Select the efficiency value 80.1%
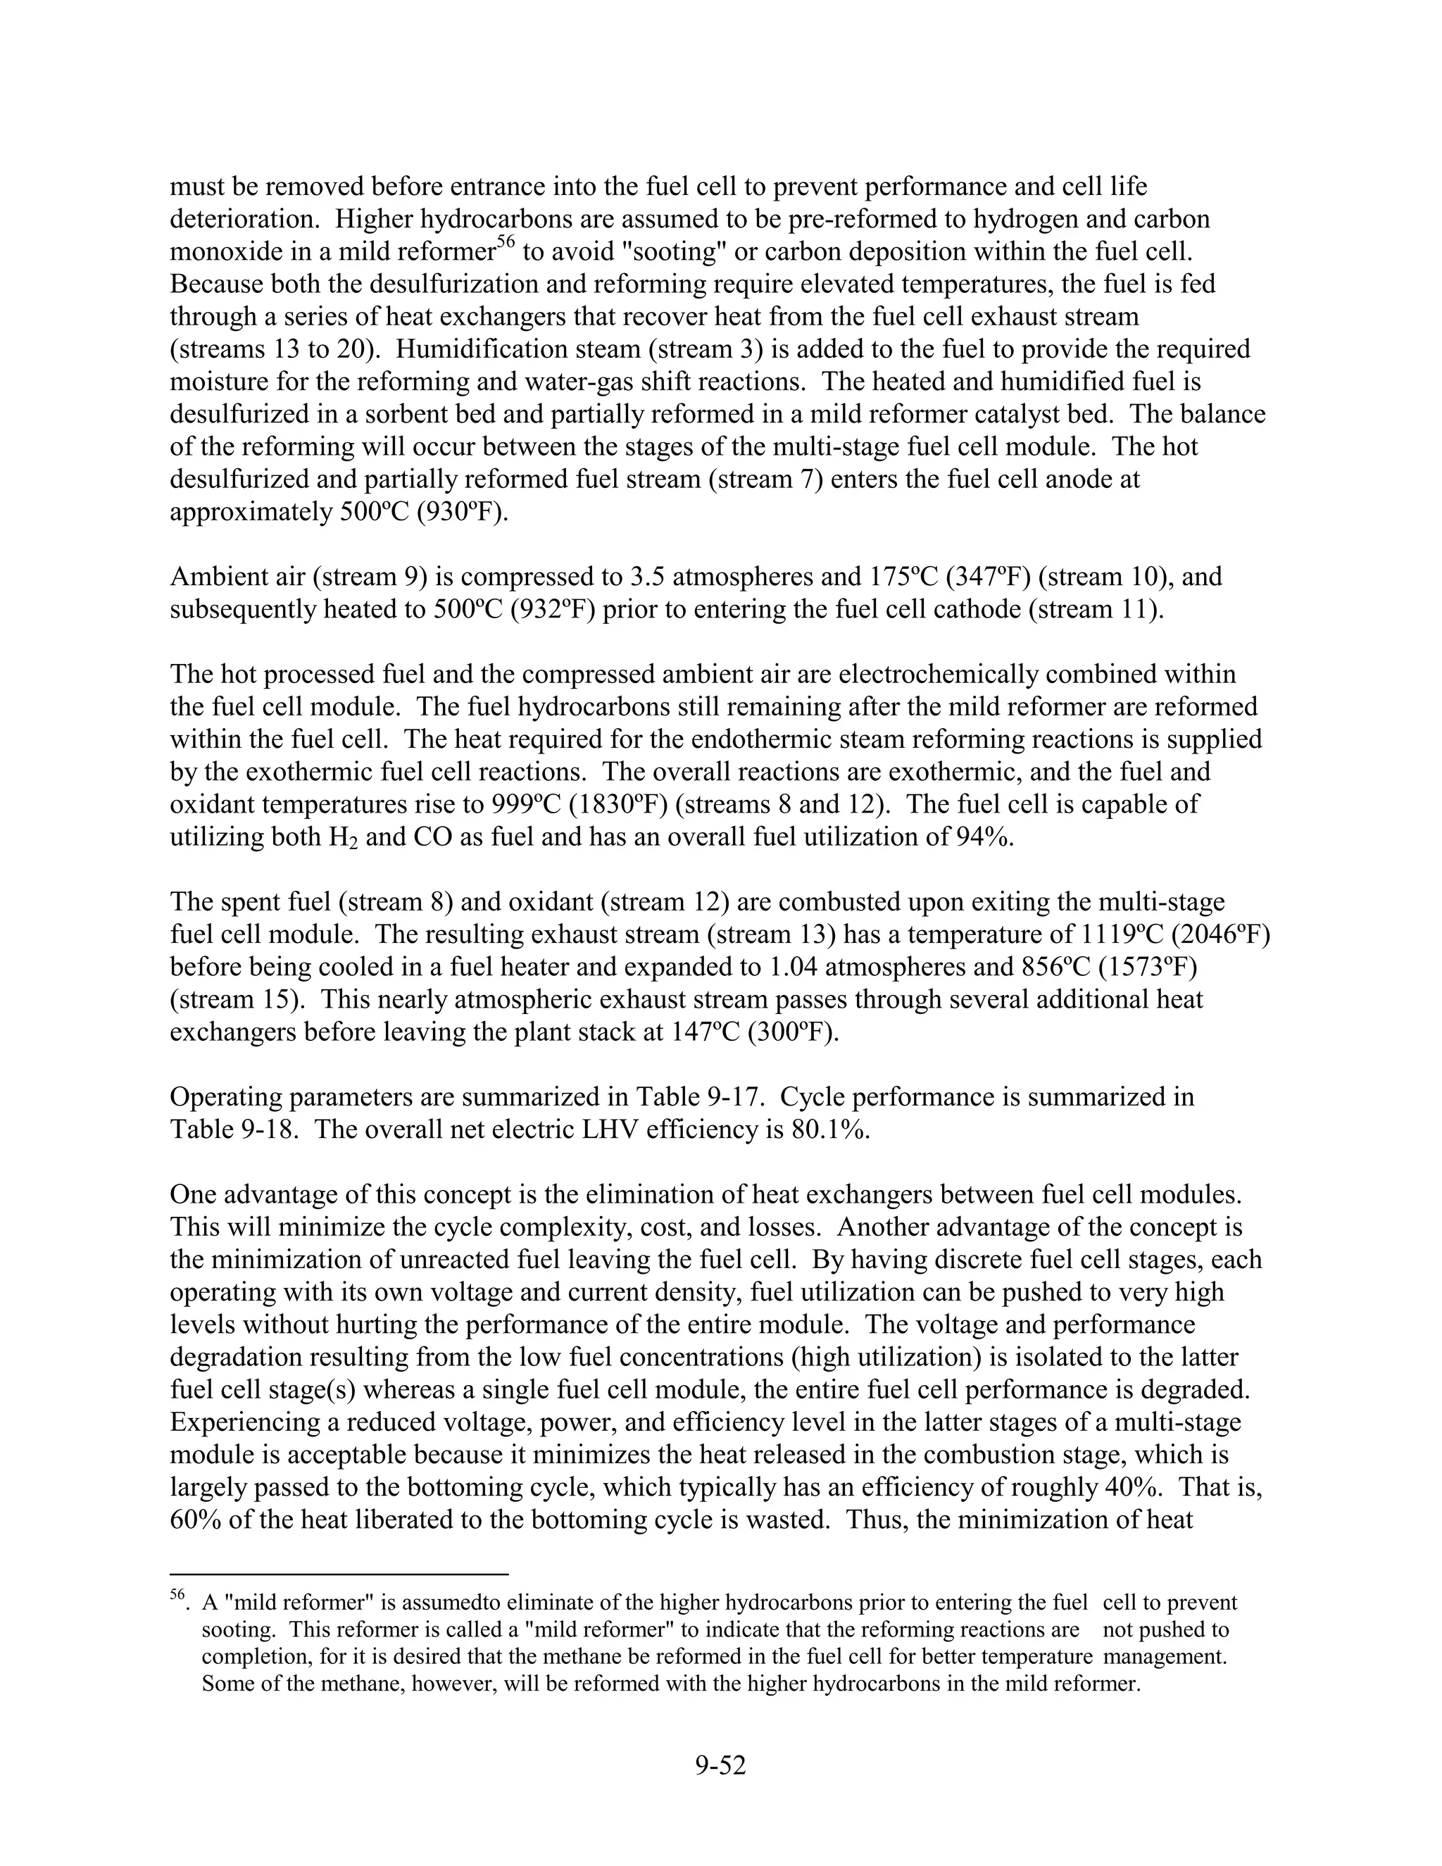[833, 1129]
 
